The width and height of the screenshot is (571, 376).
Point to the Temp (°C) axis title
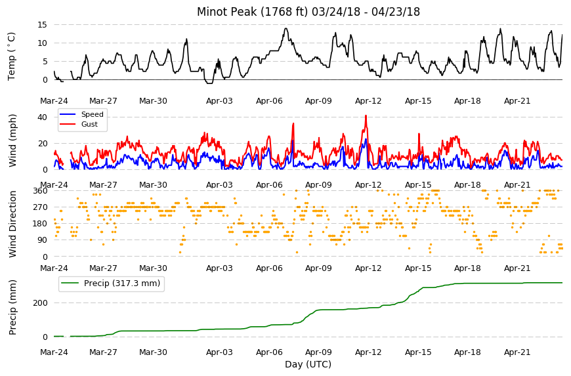click(x=12, y=56)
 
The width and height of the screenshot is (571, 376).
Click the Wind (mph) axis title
click(x=12, y=140)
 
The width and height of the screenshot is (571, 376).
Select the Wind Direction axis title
click(x=12, y=224)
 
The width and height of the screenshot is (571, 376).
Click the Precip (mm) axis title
click(x=12, y=307)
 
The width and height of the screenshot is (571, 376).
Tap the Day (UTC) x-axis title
click(x=308, y=364)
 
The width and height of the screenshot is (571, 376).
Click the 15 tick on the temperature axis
click(x=42, y=25)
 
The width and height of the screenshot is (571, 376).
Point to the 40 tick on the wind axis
click(x=42, y=117)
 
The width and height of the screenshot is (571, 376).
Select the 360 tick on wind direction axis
click(x=41, y=190)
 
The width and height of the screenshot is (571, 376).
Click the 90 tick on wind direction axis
click(x=43, y=240)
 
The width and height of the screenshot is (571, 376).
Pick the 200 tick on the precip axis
click(x=41, y=303)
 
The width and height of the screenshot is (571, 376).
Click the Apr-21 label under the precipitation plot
click(x=517, y=352)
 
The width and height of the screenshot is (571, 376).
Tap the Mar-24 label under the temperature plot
click(x=54, y=101)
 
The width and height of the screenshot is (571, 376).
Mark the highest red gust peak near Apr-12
click(x=366, y=115)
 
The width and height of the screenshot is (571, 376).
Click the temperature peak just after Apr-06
click(x=286, y=28)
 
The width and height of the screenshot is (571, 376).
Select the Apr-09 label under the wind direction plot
click(x=318, y=268)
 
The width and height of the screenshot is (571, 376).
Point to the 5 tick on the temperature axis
click(x=45, y=62)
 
